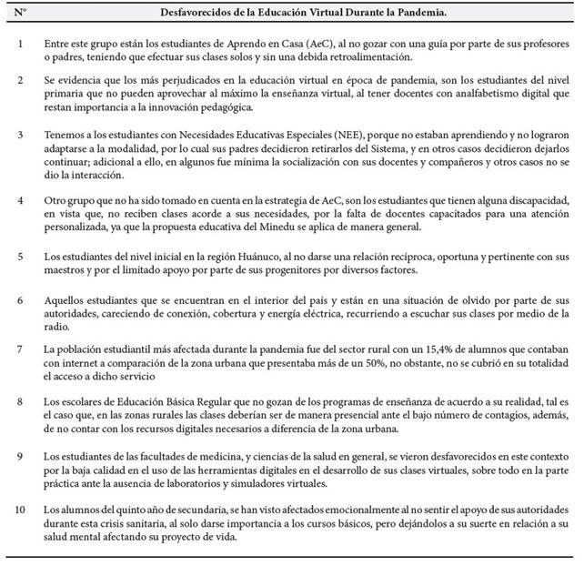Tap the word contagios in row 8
tap(461, 414)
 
